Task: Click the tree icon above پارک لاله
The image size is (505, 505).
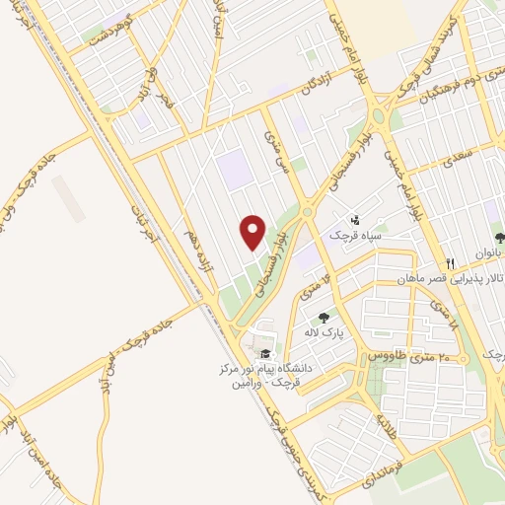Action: (324, 318)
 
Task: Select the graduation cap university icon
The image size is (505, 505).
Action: (263, 354)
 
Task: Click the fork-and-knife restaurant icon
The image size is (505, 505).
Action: (450, 263)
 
